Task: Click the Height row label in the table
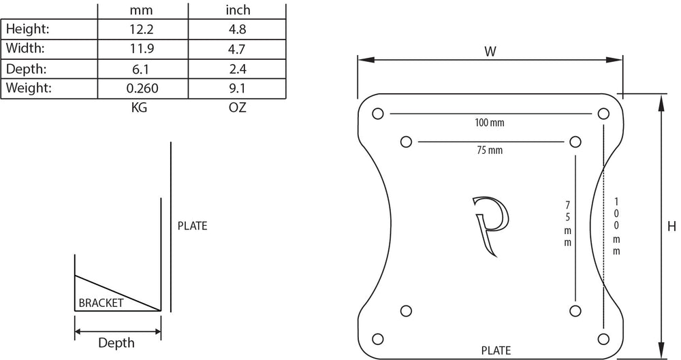[28, 29]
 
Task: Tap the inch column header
[238, 10]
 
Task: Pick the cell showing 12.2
[141, 29]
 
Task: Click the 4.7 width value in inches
[237, 49]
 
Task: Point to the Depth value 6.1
[141, 69]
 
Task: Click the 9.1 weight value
[237, 88]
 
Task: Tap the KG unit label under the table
[139, 108]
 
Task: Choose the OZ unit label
[238, 108]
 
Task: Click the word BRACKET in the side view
[101, 304]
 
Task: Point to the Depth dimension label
[116, 343]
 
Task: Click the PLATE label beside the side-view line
[192, 226]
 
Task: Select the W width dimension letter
[490, 51]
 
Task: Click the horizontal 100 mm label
[490, 123]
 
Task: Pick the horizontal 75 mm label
[490, 150]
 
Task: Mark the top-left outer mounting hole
[378, 113]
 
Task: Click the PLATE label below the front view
[496, 351]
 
